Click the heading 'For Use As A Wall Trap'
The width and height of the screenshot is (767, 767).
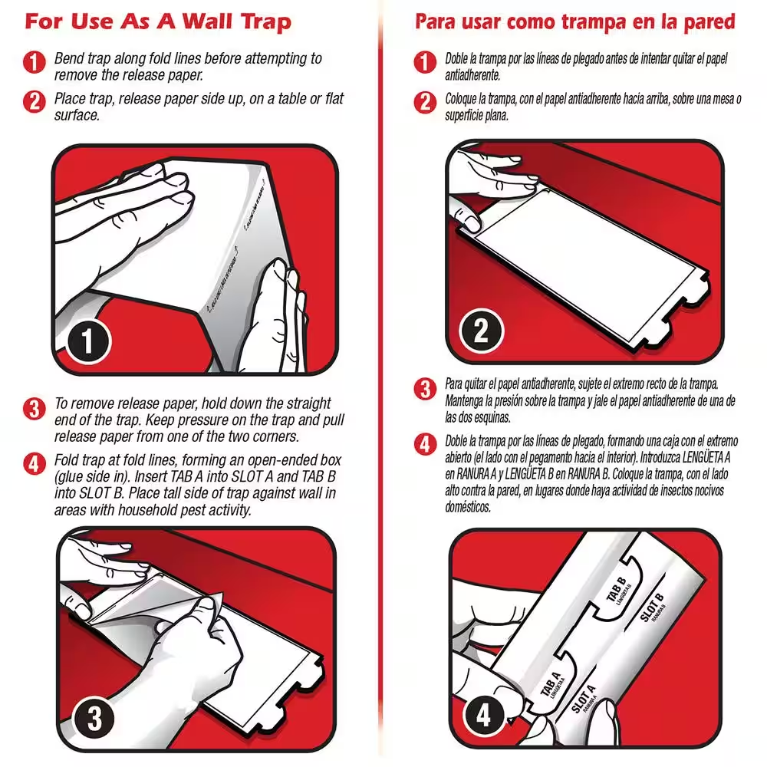pos(158,21)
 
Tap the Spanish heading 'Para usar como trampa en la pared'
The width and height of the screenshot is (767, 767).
pos(574,21)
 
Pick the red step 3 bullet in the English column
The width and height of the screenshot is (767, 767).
pos(35,408)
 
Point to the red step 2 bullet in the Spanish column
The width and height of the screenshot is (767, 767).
pos(425,103)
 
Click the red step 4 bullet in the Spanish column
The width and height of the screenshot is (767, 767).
pos(425,444)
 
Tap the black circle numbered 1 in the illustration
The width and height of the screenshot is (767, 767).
pos(87,340)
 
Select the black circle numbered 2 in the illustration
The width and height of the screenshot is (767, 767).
pos(481,331)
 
